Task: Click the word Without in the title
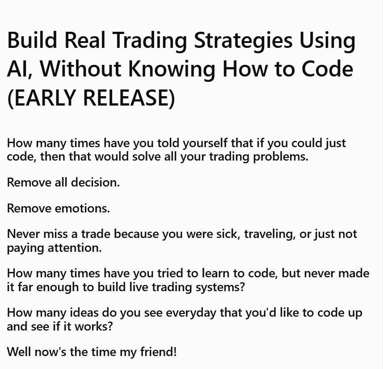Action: pos(81,69)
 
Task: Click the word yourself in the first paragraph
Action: pos(205,143)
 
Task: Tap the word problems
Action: pos(281,157)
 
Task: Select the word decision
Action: pos(95,182)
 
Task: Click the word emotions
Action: pos(82,209)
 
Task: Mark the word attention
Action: pos(75,248)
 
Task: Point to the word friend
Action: pos(158,352)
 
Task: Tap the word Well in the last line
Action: pos(19,352)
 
